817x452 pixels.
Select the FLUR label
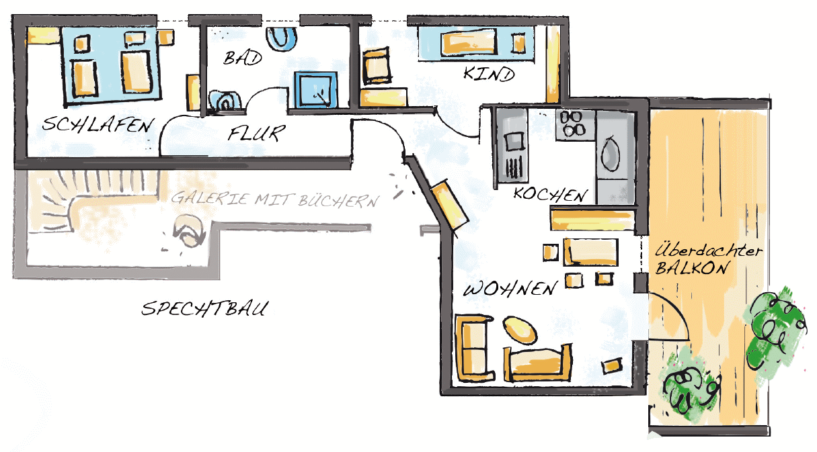[256, 133]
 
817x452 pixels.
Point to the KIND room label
[489, 73]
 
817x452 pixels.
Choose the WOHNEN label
[511, 289]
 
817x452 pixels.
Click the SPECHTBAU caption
[205, 309]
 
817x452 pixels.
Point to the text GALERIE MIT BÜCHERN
[274, 199]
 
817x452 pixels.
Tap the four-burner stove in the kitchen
[573, 124]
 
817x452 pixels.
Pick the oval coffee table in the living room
[518, 330]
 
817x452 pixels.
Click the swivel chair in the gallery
[188, 231]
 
